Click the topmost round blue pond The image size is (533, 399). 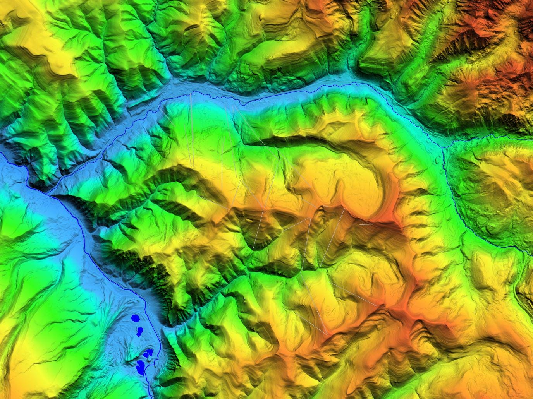pyautogui.click(x=135, y=318)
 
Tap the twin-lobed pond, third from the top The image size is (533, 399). pyautogui.click(x=147, y=353)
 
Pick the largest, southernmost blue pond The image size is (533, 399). pyautogui.click(x=141, y=365)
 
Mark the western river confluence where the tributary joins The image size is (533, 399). pyautogui.click(x=50, y=192)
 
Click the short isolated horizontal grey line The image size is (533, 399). pyautogui.click(x=366, y=224)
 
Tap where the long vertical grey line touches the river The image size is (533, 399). pyautogui.click(x=191, y=94)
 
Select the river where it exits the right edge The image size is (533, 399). pyautogui.click(x=531, y=254)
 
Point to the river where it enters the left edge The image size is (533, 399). pyautogui.click(x=1, y=154)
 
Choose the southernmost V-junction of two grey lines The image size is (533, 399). pyautogui.click(x=327, y=334)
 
